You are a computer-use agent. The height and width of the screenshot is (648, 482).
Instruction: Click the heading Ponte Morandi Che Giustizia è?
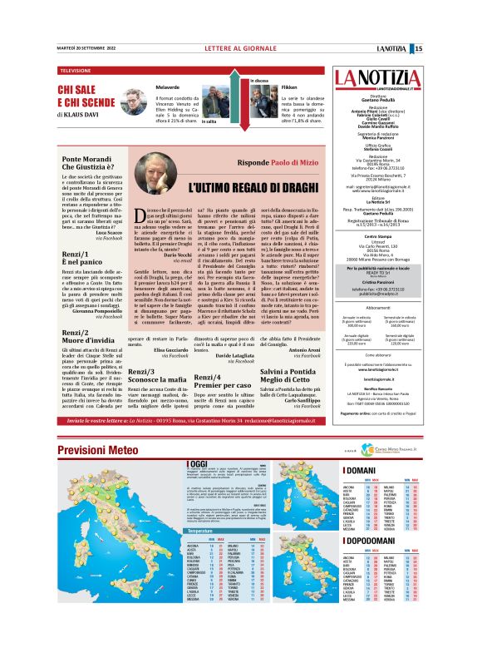click(86, 162)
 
